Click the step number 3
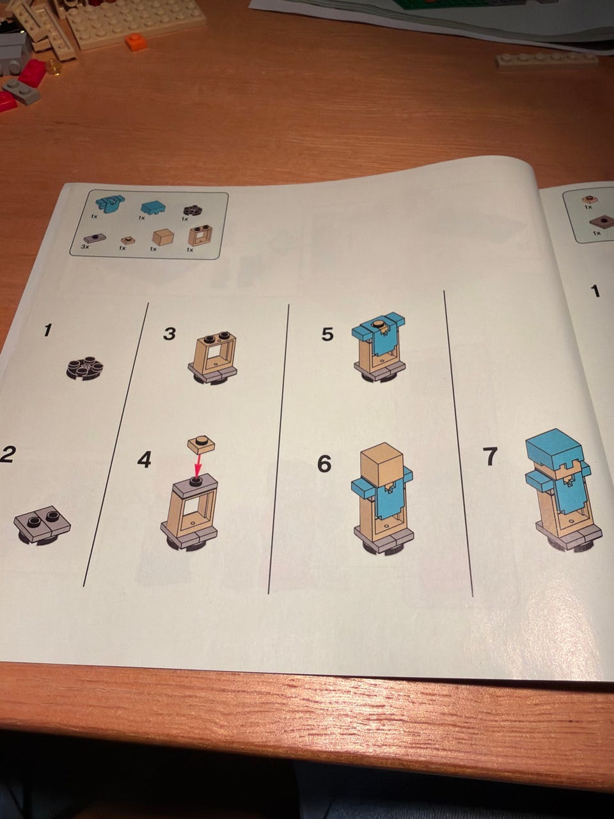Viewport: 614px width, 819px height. (x=169, y=333)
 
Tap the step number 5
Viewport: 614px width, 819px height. (x=327, y=334)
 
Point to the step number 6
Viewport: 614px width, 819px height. (x=324, y=464)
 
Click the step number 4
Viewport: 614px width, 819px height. (x=145, y=460)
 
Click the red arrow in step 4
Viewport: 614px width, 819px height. (x=198, y=465)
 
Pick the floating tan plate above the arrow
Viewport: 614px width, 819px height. (x=201, y=444)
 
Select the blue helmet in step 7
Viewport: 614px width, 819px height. (x=554, y=447)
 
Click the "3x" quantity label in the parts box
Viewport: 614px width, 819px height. (x=86, y=248)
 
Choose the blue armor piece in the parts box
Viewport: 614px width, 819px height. (x=109, y=203)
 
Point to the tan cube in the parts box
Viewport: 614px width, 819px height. (x=164, y=237)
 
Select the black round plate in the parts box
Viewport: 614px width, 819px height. (x=192, y=211)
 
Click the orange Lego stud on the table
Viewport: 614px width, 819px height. (x=136, y=41)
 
